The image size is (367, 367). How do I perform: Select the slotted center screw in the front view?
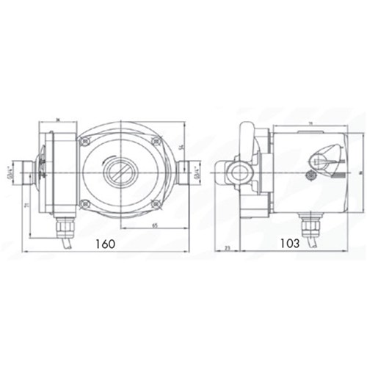coord(119,173)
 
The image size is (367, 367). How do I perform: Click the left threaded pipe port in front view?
coord(29,173)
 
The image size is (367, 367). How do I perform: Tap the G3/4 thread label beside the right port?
coord(197,175)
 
